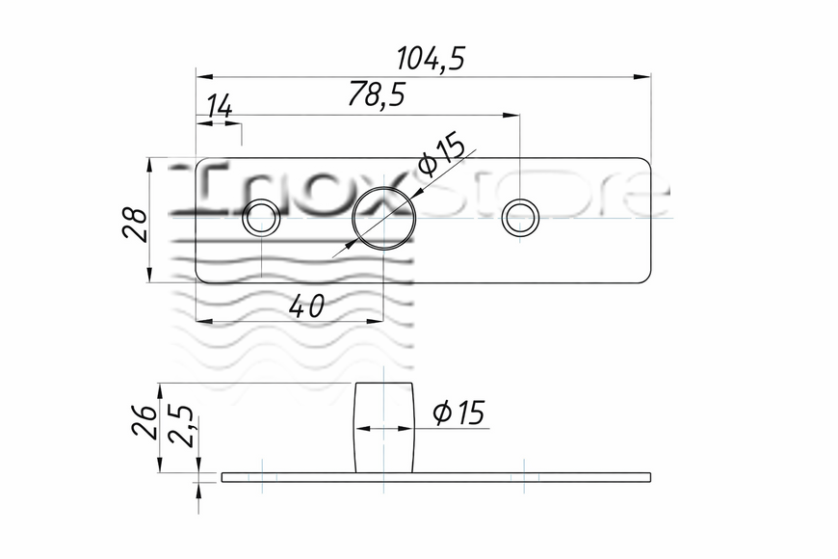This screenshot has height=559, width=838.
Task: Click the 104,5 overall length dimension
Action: coord(432,58)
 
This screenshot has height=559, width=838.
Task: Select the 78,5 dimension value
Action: coord(377,94)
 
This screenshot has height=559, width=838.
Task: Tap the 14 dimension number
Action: coord(220,106)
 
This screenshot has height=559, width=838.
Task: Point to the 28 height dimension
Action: coord(135,225)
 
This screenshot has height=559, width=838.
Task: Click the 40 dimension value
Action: coord(306,306)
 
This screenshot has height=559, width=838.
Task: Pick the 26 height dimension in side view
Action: coord(144,421)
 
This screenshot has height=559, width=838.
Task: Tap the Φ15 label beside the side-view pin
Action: coord(458,413)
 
